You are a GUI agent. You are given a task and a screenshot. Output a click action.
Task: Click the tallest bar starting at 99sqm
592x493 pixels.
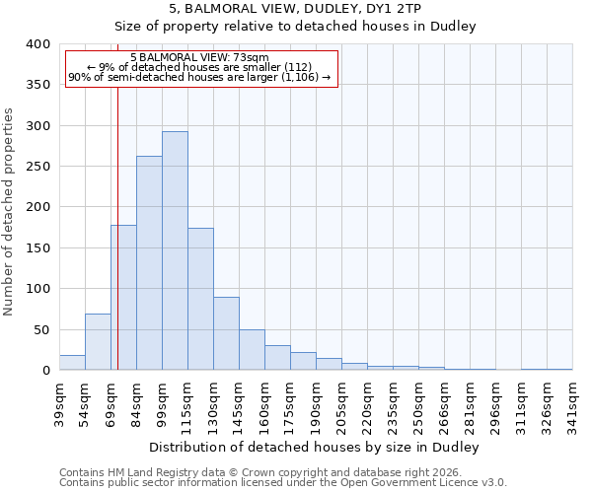pyautogui.click(x=175, y=250)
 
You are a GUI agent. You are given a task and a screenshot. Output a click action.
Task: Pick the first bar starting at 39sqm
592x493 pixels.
pyautogui.click(x=72, y=363)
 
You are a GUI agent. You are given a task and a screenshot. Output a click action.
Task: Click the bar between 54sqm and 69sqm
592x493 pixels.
pyautogui.click(x=98, y=342)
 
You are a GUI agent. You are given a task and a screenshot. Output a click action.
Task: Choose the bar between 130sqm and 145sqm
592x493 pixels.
pyautogui.click(x=226, y=333)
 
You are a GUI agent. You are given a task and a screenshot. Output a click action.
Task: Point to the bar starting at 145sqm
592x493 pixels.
pyautogui.click(x=252, y=350)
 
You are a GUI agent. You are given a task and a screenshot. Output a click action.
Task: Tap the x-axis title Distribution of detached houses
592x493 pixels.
pyautogui.click(x=316, y=447)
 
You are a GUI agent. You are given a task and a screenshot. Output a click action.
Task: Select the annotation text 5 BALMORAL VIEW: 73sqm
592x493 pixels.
pyautogui.click(x=199, y=58)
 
